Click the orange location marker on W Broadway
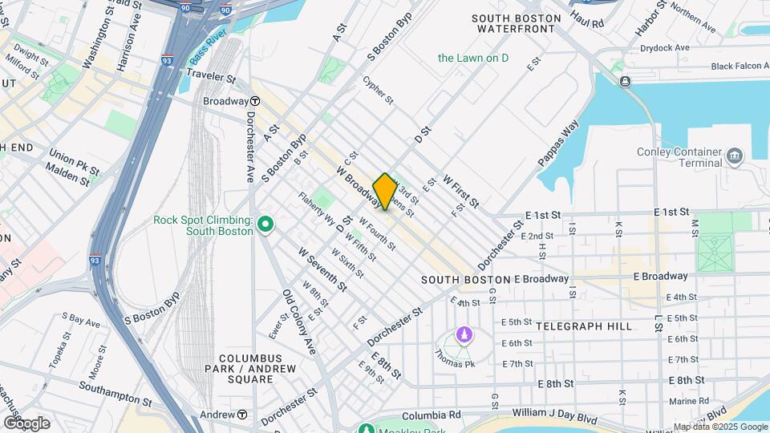(x=385, y=192)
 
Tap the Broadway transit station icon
(x=255, y=101)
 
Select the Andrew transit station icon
(x=241, y=415)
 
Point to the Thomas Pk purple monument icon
(x=462, y=333)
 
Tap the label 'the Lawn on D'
(x=472, y=58)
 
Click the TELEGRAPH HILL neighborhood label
(x=583, y=326)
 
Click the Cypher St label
(x=378, y=91)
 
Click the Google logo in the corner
(x=26, y=423)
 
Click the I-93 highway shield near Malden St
(x=95, y=260)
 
